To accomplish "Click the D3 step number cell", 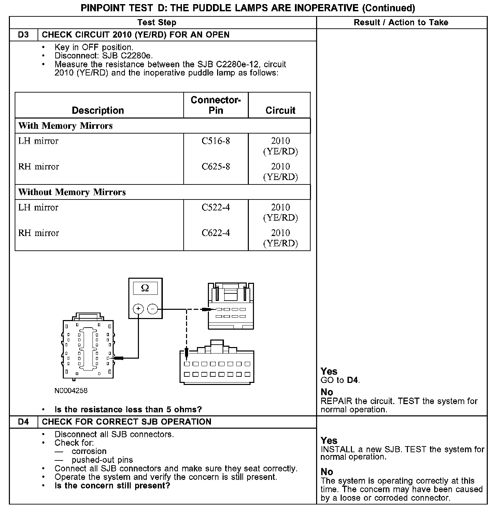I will [23, 35].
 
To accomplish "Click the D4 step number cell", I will [23, 422].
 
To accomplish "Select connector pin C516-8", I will [216, 141].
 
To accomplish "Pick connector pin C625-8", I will [216, 167].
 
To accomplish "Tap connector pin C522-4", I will [216, 207].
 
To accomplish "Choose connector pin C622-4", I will [216, 233].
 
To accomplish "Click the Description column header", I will [98, 110].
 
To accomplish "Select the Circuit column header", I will [280, 110].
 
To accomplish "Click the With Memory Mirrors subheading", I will [66, 126].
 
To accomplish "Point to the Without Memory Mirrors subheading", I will [72, 192].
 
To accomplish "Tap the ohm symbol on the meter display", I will [145, 289].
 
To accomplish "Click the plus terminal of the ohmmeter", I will [138, 309].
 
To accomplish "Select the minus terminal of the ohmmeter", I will [152, 309].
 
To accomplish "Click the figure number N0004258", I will [71, 390].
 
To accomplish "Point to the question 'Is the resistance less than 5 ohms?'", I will [128, 410].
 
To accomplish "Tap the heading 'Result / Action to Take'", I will [401, 23].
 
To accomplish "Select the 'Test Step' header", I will [157, 23].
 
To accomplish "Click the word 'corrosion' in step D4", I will [89, 452].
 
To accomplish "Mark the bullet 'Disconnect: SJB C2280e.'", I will [104, 56].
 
